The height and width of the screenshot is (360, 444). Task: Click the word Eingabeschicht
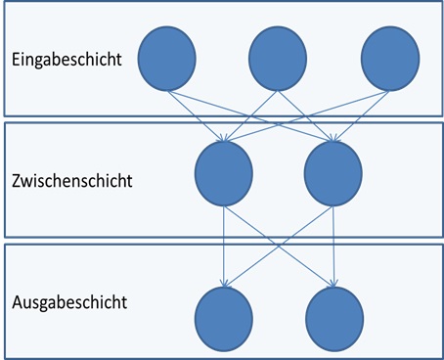[67, 60]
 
